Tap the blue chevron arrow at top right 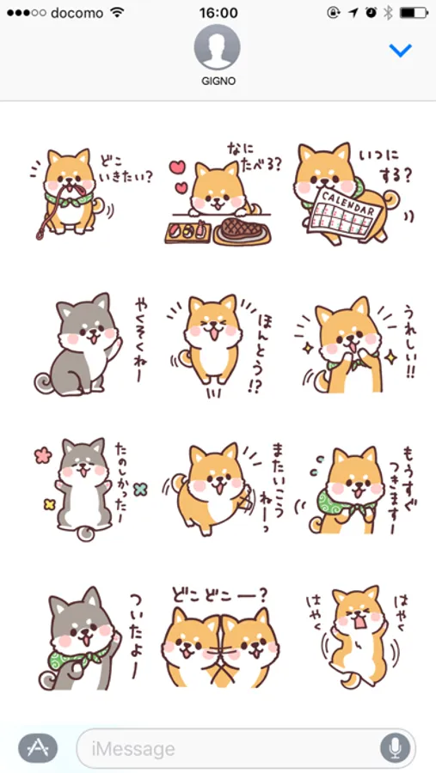(400, 51)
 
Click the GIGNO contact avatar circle (218, 47)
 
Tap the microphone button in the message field (395, 748)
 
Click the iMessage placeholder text (133, 749)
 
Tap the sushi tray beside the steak (188, 233)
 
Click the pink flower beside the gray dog (44, 454)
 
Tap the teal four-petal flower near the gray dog (141, 489)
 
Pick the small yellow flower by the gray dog (49, 504)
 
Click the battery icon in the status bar (414, 13)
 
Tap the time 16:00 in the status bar (218, 13)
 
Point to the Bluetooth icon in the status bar (388, 13)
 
